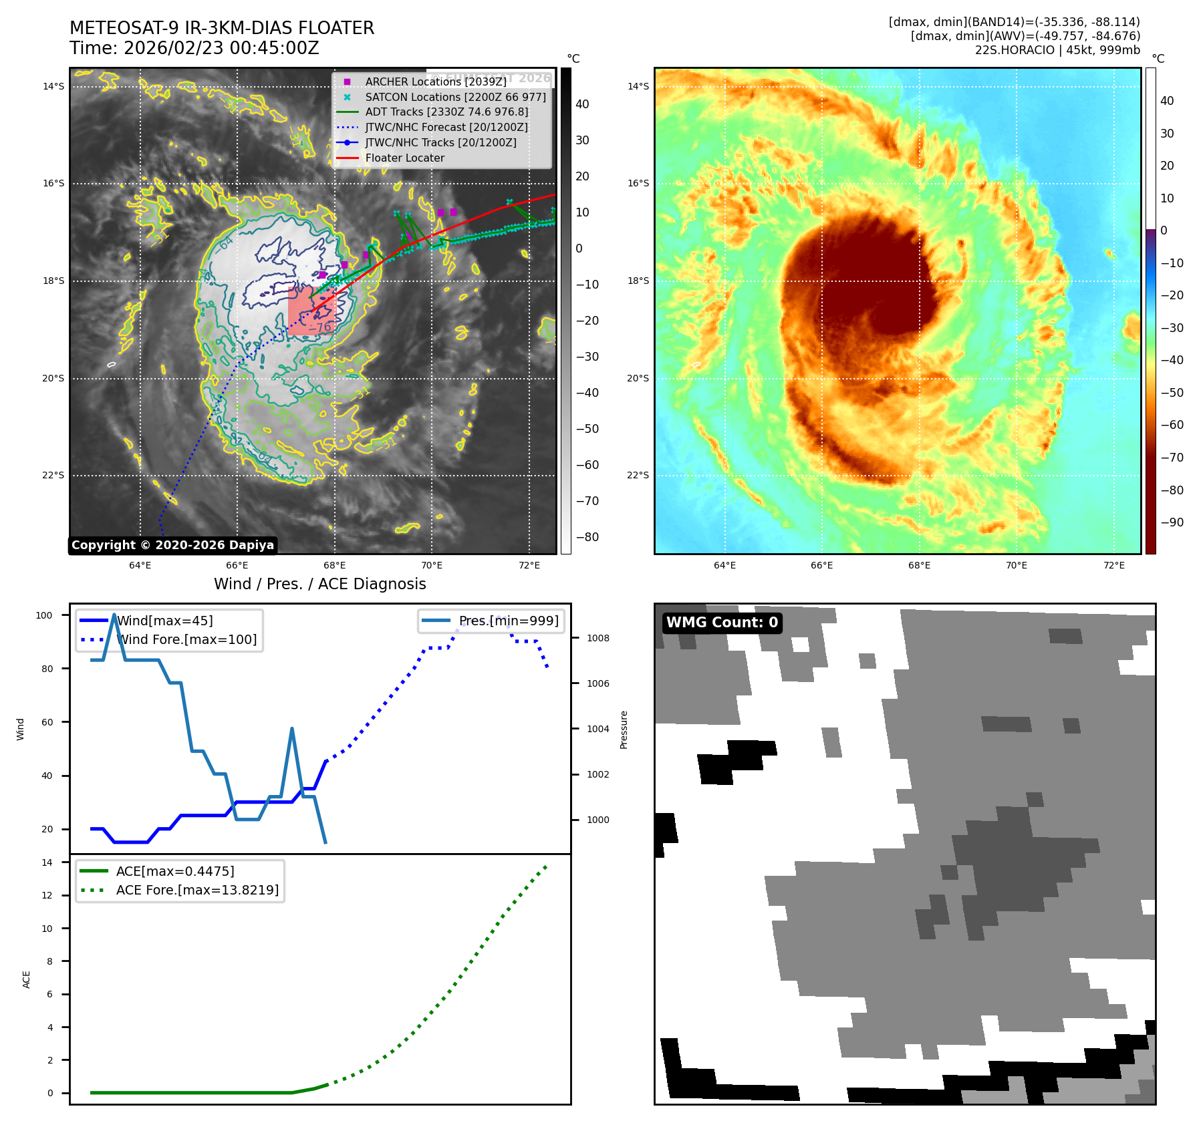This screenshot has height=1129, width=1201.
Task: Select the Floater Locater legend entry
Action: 404,158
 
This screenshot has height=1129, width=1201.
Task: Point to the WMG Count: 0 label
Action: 722,623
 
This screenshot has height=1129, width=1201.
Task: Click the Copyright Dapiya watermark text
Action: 172,545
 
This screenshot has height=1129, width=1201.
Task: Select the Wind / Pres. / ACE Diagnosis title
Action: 319,584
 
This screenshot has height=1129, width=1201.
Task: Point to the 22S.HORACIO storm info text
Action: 1057,50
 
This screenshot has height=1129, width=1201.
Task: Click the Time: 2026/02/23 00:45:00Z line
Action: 194,48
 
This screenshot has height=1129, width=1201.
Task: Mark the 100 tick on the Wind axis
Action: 44,615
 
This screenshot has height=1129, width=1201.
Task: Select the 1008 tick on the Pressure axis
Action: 598,638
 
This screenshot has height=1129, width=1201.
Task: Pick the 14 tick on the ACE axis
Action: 47,862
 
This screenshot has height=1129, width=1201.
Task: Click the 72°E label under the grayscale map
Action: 529,565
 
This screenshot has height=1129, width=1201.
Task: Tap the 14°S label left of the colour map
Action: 638,86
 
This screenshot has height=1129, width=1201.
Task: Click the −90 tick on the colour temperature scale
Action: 1172,522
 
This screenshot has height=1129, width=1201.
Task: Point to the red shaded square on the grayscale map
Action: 311,311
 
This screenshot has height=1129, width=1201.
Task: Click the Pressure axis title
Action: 624,730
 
